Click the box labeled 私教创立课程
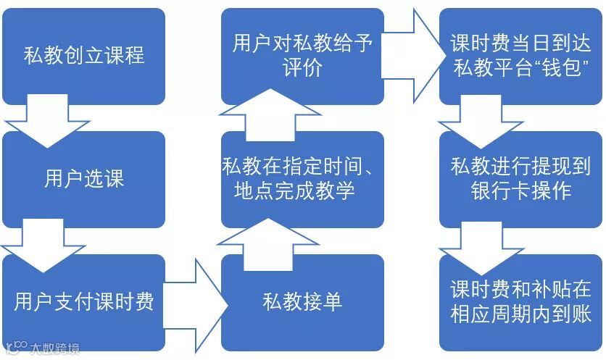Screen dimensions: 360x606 tap(83, 55)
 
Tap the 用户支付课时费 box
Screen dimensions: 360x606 tap(83, 301)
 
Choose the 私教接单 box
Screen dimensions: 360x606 tap(302, 301)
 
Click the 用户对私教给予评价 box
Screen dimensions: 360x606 tap(302, 55)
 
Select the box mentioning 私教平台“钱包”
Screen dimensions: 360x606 tap(520, 55)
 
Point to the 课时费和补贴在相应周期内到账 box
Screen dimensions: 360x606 tap(520, 301)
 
